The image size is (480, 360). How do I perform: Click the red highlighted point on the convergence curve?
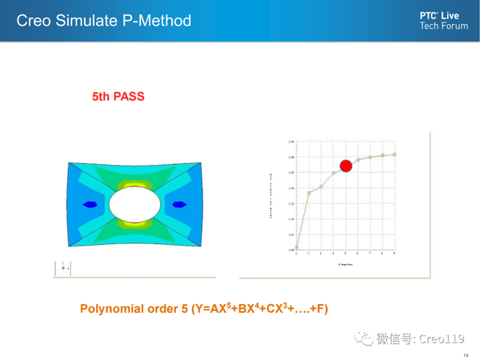point(346,166)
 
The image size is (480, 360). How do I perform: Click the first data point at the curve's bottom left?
point(297,248)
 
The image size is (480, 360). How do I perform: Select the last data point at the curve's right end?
point(395,154)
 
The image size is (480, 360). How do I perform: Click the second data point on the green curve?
point(309,193)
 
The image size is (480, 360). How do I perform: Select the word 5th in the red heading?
point(102,97)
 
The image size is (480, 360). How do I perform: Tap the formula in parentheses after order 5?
point(259,308)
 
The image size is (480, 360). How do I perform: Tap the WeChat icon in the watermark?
point(365,338)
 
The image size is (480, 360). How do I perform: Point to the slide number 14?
point(466,354)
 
